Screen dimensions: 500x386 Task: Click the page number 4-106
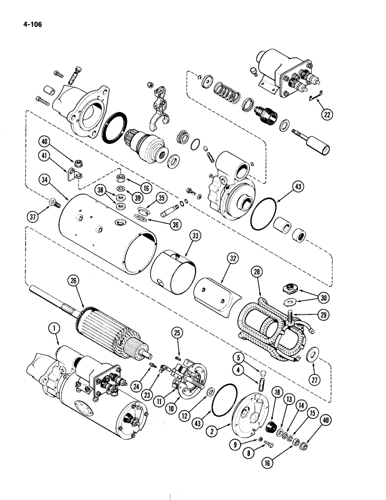click(30, 22)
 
